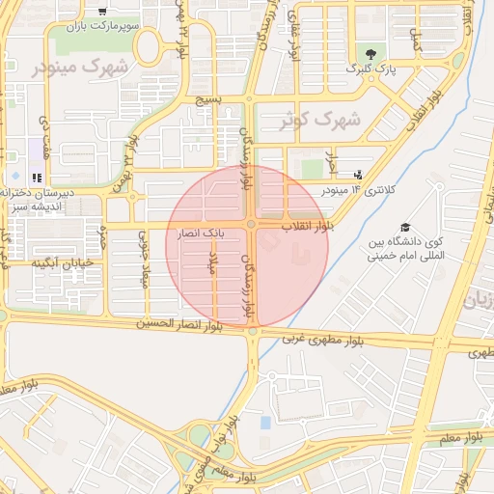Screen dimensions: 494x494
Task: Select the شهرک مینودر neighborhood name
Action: click(x=79, y=67)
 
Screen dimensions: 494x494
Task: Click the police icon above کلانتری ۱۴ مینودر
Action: click(x=358, y=175)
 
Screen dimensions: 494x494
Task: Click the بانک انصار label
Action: click(x=202, y=233)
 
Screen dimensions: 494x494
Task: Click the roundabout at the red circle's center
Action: click(x=251, y=225)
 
